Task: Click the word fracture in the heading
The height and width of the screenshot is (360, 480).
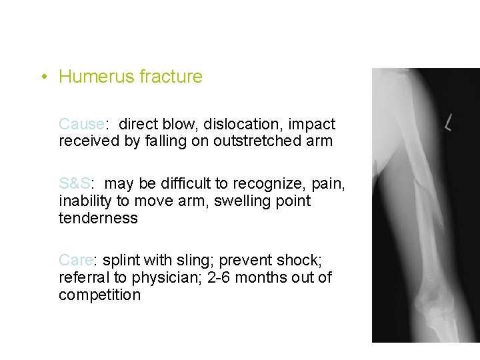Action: coord(171,77)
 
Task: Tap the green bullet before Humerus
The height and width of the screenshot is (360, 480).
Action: coord(43,77)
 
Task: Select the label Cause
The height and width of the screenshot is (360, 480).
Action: coord(81,124)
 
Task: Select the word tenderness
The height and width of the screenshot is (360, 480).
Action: coord(98,218)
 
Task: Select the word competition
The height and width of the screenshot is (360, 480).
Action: coord(99,295)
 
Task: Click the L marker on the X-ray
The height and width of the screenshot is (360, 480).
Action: coord(449,123)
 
